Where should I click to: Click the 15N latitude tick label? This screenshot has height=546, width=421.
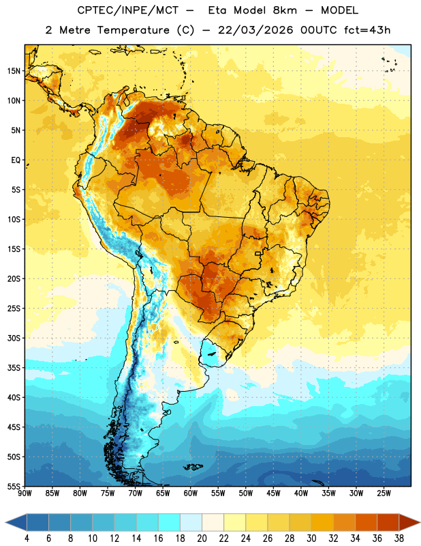(14, 71)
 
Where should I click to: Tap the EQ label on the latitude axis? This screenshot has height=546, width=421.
(16, 160)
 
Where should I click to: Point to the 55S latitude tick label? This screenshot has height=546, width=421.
(14, 486)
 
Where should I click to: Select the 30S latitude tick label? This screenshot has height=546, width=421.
(14, 338)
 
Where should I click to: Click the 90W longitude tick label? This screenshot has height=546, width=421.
(25, 493)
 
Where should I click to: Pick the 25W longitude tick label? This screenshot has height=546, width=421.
(384, 493)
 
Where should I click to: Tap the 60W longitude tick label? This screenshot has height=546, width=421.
(191, 493)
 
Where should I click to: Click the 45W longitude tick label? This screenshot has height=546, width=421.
(273, 493)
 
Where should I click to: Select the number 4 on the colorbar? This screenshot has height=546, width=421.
(27, 538)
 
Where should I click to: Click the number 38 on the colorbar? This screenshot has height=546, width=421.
(399, 538)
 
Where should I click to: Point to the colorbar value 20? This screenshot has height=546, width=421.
(202, 538)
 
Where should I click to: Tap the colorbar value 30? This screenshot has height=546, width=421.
(311, 538)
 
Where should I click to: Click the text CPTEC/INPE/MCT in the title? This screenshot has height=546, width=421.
(127, 10)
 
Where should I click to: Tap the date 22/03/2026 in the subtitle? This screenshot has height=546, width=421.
(255, 30)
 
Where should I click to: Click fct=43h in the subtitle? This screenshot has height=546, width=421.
(367, 30)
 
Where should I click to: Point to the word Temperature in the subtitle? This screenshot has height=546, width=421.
(133, 30)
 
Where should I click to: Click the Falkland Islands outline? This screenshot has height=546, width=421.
(193, 467)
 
